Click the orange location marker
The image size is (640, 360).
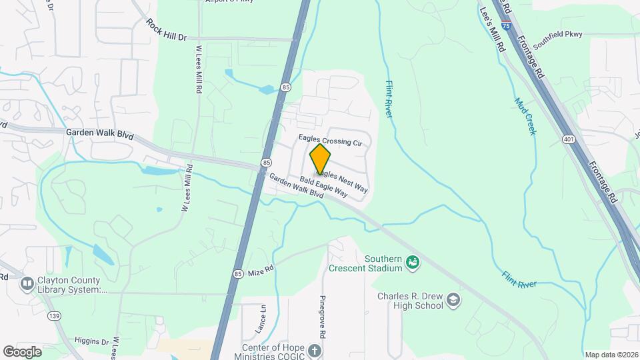pos(320,159)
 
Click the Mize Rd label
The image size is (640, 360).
pos(261,272)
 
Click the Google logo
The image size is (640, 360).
pos(23,351)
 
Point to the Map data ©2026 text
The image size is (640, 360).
pos(611,354)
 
